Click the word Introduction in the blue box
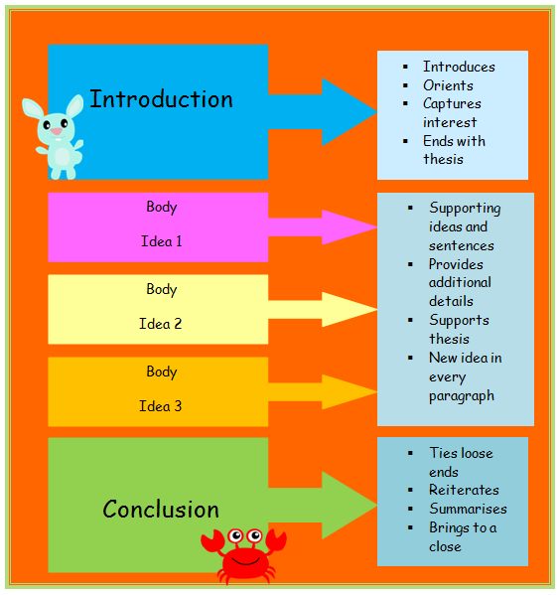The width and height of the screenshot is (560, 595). click(x=161, y=99)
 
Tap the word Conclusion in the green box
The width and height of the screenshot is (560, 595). click(x=161, y=509)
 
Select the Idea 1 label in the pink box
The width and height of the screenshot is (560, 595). click(x=162, y=241)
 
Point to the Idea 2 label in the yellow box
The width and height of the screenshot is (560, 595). click(x=161, y=324)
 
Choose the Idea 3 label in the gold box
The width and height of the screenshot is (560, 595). click(x=161, y=406)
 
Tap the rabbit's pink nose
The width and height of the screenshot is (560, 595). click(x=57, y=131)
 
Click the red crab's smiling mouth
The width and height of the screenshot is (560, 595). click(x=245, y=561)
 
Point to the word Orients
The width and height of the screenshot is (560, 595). click(x=448, y=85)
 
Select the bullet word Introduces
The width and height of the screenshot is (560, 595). click(x=459, y=67)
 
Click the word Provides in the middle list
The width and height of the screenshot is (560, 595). click(x=456, y=264)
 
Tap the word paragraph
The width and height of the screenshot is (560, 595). click(x=462, y=396)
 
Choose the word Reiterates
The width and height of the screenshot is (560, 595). click(x=464, y=490)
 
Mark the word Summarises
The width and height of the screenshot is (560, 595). click(x=469, y=509)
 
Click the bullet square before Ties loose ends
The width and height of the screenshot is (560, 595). click(x=410, y=453)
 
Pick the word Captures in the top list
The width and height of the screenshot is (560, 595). click(x=452, y=104)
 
